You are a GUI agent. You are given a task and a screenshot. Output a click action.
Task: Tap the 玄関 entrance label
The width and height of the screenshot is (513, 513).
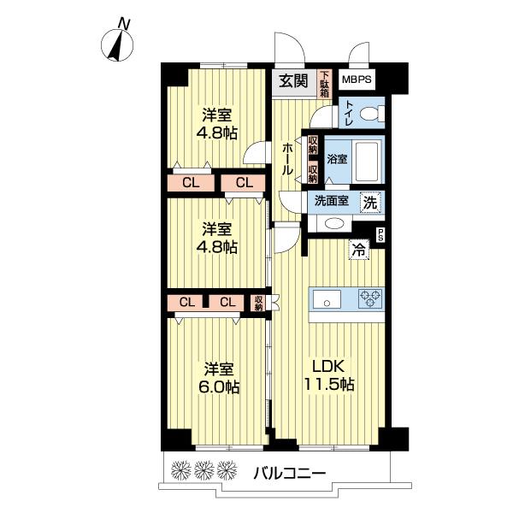tap(293, 81)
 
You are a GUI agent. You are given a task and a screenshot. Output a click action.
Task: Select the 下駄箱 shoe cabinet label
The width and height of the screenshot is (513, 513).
tap(325, 81)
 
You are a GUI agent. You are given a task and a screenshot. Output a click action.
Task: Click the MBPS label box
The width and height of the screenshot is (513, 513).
tap(357, 80)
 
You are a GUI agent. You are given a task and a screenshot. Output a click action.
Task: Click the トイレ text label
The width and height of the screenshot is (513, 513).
tap(350, 112)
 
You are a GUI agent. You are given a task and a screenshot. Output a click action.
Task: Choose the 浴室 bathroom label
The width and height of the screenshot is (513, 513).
tap(337, 159)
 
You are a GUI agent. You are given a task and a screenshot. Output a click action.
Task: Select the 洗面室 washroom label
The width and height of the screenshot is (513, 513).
tap(330, 203)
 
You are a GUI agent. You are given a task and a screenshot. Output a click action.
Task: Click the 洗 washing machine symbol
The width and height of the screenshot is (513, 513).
tap(369, 203)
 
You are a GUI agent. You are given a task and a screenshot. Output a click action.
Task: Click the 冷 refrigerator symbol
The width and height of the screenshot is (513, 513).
tap(360, 251)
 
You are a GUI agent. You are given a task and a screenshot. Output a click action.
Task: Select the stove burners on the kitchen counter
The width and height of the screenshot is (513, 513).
tap(369, 299)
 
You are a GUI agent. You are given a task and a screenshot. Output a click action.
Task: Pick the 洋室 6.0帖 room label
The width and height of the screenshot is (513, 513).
tap(220, 377)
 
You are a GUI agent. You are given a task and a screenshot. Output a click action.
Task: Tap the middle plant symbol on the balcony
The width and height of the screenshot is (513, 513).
tap(203, 469)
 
